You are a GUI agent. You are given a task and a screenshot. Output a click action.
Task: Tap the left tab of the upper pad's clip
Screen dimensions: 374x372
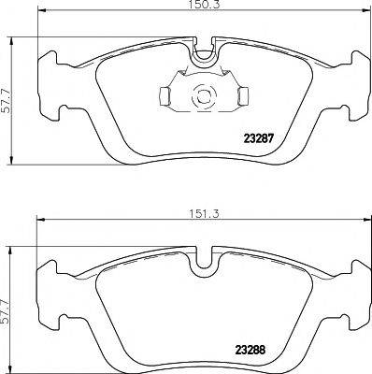pos(163,94)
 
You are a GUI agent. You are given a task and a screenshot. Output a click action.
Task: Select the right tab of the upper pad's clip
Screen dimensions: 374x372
pos(241,94)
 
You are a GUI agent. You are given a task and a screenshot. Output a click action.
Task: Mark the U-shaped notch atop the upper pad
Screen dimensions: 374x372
pos(205,57)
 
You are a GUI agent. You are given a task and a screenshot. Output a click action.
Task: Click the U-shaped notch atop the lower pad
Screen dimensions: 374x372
pos(205,266)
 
